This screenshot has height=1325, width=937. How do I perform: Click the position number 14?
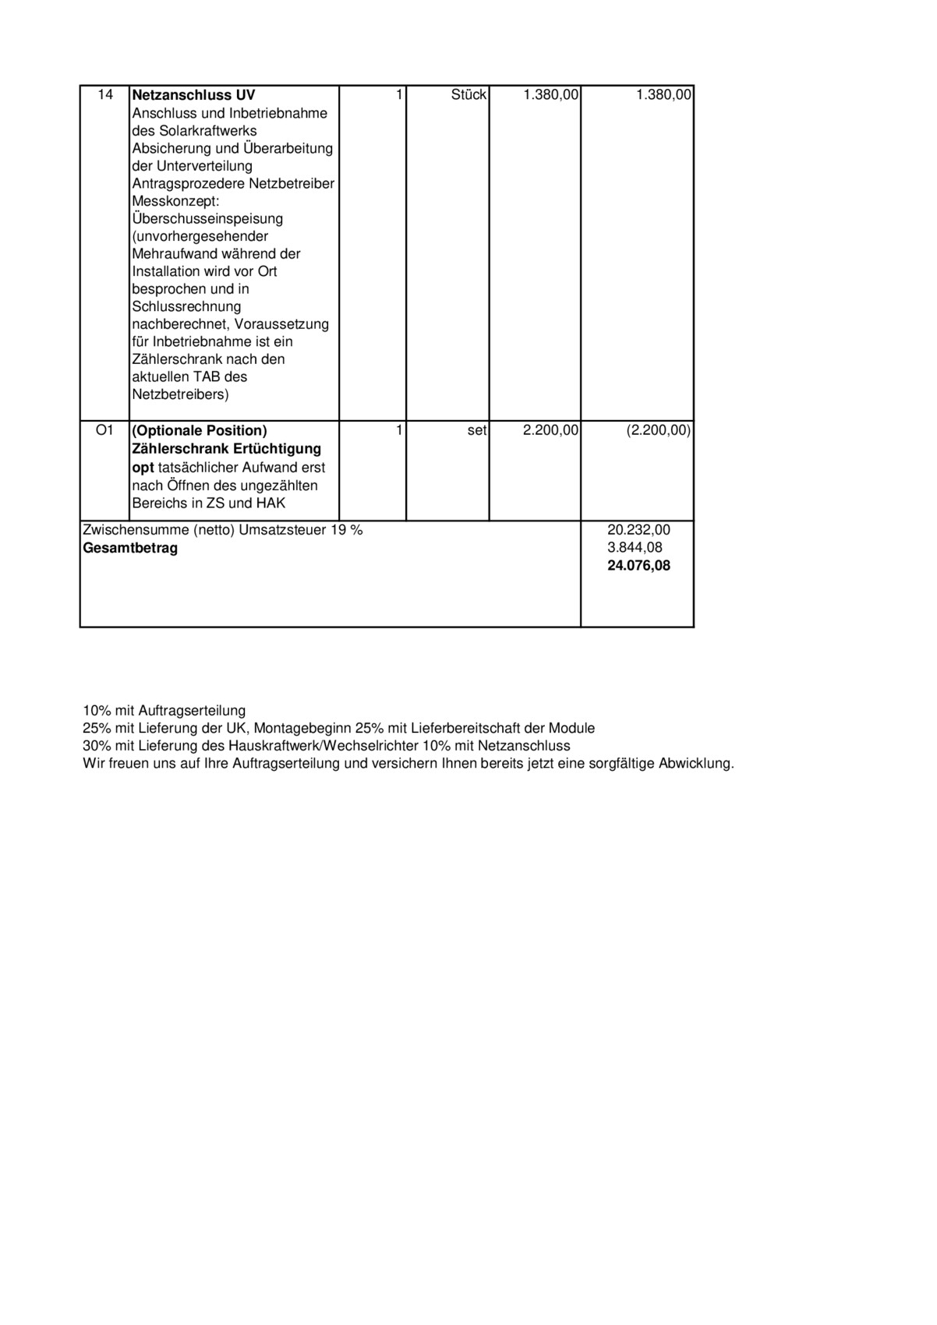pos(105,95)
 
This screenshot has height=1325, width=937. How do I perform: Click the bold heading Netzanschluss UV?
pos(193,95)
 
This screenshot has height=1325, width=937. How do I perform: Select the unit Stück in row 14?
pos(468,95)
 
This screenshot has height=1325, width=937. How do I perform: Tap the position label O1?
pos(104,430)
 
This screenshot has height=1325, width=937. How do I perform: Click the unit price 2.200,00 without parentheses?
pos(550,430)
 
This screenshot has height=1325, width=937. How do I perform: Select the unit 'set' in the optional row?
pos(477,430)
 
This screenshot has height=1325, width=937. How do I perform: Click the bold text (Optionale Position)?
pos(200,430)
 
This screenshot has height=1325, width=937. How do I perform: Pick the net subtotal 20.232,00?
pos(638,530)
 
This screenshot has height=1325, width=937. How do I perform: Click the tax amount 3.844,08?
pos(635,548)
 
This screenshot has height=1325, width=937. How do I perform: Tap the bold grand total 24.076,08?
pos(638,566)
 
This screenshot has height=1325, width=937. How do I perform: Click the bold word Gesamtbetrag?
pos(130,548)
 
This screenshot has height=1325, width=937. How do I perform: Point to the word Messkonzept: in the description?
pos(176,201)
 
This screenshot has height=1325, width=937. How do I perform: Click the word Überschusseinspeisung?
pos(207,219)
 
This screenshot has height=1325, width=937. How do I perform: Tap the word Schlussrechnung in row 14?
pos(186,306)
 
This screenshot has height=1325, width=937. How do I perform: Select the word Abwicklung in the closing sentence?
pos(696,764)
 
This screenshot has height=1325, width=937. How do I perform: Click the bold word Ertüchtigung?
pos(277,449)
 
